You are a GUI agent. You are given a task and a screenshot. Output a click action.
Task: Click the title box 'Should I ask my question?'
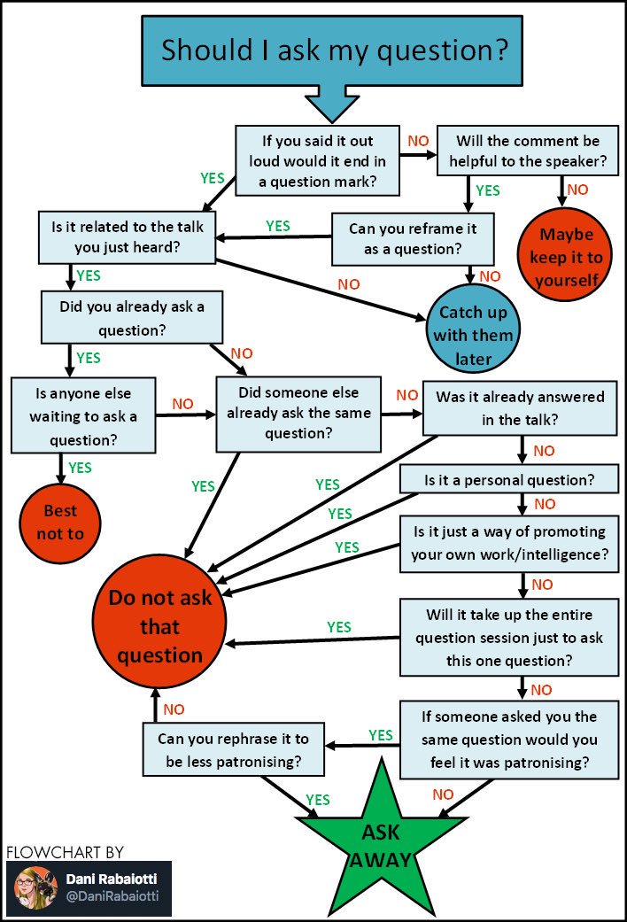332,50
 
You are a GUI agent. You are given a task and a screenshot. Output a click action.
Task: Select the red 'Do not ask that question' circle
159,622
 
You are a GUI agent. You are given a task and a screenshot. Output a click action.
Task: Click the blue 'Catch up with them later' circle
473,328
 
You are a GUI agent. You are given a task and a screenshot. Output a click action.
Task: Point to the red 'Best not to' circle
60,523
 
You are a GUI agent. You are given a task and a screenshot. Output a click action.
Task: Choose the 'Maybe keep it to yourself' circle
565,255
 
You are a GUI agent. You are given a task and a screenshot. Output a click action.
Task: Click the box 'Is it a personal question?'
509,480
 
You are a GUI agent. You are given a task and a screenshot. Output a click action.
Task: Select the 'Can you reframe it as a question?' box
413,239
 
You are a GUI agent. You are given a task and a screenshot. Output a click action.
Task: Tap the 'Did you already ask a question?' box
132,318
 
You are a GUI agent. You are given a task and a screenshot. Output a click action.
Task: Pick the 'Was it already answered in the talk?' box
520,408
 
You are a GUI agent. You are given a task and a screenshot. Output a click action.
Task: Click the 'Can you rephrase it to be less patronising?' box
234,749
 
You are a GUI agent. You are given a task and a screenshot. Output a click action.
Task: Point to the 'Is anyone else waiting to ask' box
83,415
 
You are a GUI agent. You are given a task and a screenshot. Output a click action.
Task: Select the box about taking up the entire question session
509,638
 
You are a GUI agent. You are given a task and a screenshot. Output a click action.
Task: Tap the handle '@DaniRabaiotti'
112,896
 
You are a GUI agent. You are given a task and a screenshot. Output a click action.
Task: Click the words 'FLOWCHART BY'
66,852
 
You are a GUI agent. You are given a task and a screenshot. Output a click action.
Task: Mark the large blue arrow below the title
332,105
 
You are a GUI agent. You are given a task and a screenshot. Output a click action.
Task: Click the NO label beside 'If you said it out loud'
418,141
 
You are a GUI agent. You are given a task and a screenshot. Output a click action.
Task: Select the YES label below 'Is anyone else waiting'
80,468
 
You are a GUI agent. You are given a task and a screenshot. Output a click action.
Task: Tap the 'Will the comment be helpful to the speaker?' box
528,151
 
